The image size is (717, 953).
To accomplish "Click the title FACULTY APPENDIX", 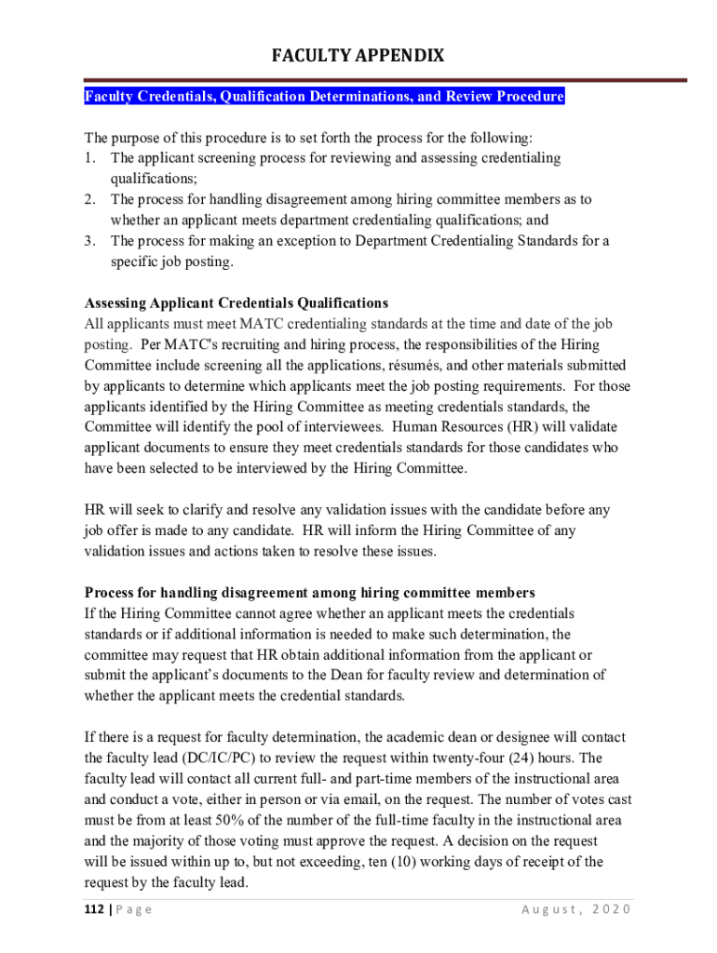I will tap(358, 57).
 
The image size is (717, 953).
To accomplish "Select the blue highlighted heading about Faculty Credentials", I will tap(325, 97).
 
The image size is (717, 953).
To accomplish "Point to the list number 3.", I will tap(89, 241).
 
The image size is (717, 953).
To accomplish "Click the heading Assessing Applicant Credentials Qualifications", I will tap(236, 303).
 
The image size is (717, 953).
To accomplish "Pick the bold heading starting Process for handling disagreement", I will tap(309, 593).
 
